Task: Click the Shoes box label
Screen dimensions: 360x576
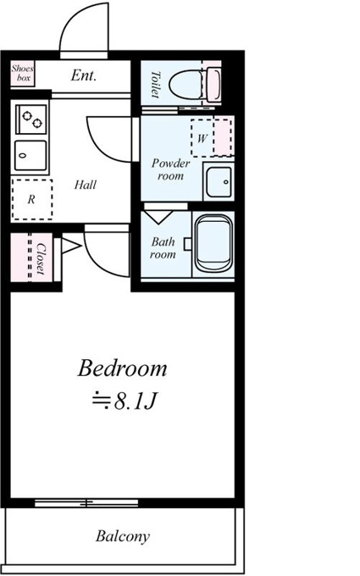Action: pyautogui.click(x=22, y=73)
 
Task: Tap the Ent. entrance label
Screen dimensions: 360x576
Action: pyautogui.click(x=83, y=75)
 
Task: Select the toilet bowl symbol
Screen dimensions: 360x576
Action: pyautogui.click(x=195, y=85)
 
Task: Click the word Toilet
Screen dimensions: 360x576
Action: pyautogui.click(x=156, y=85)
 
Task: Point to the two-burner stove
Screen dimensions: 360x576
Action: pyautogui.click(x=31, y=119)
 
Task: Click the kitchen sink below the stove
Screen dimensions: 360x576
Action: pyautogui.click(x=30, y=155)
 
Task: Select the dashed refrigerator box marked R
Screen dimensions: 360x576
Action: pyautogui.click(x=31, y=199)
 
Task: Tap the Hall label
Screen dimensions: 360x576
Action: pyautogui.click(x=86, y=185)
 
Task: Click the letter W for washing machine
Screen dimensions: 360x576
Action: pyautogui.click(x=202, y=138)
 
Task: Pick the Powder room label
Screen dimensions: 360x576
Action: pyautogui.click(x=170, y=169)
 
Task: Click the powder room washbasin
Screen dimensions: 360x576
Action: pyautogui.click(x=219, y=182)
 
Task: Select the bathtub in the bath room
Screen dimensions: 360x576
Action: pyautogui.click(x=213, y=243)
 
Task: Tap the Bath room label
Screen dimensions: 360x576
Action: pyautogui.click(x=163, y=248)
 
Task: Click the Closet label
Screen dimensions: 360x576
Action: pyautogui.click(x=41, y=258)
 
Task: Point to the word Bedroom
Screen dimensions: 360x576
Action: pyautogui.click(x=122, y=368)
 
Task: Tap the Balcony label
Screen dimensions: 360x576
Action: pyautogui.click(x=123, y=536)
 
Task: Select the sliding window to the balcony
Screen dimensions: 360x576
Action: pyautogui.click(x=86, y=503)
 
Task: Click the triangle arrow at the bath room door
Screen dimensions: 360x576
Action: pyautogui.click(x=158, y=217)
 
